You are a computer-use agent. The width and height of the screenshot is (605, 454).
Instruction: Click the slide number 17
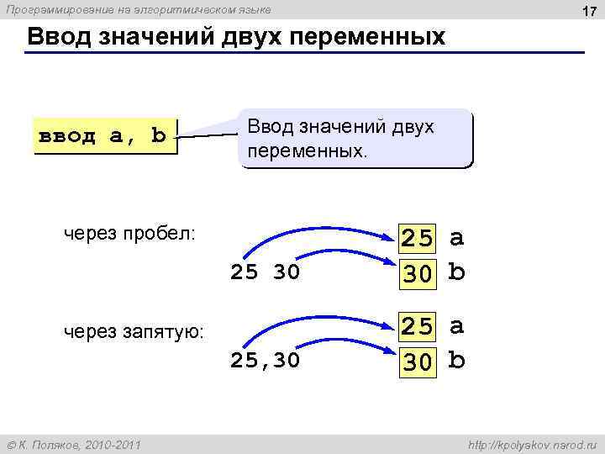coord(588,12)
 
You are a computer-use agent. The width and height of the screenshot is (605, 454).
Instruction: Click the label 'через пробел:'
coord(130,233)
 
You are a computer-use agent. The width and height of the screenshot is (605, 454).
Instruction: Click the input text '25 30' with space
coord(265,272)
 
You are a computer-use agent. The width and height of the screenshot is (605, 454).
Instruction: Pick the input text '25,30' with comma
coord(265,361)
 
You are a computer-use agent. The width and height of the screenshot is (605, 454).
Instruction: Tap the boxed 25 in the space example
coord(418,240)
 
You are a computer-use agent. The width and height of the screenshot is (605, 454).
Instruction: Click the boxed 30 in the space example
coord(418,274)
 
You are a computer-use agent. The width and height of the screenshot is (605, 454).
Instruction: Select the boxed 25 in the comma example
coord(418,326)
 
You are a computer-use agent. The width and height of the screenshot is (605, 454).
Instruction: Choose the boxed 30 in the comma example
coord(418,361)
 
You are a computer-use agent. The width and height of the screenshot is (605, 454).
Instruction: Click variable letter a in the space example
coord(456,239)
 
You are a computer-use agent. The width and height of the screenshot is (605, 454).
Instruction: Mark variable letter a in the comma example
coord(456,326)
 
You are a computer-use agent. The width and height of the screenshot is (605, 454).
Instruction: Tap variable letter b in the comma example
coord(456,360)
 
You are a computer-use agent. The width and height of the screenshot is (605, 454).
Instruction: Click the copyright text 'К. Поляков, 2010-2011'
coord(79,444)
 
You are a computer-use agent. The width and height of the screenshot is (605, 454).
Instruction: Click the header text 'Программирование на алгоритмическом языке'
coord(139,10)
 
